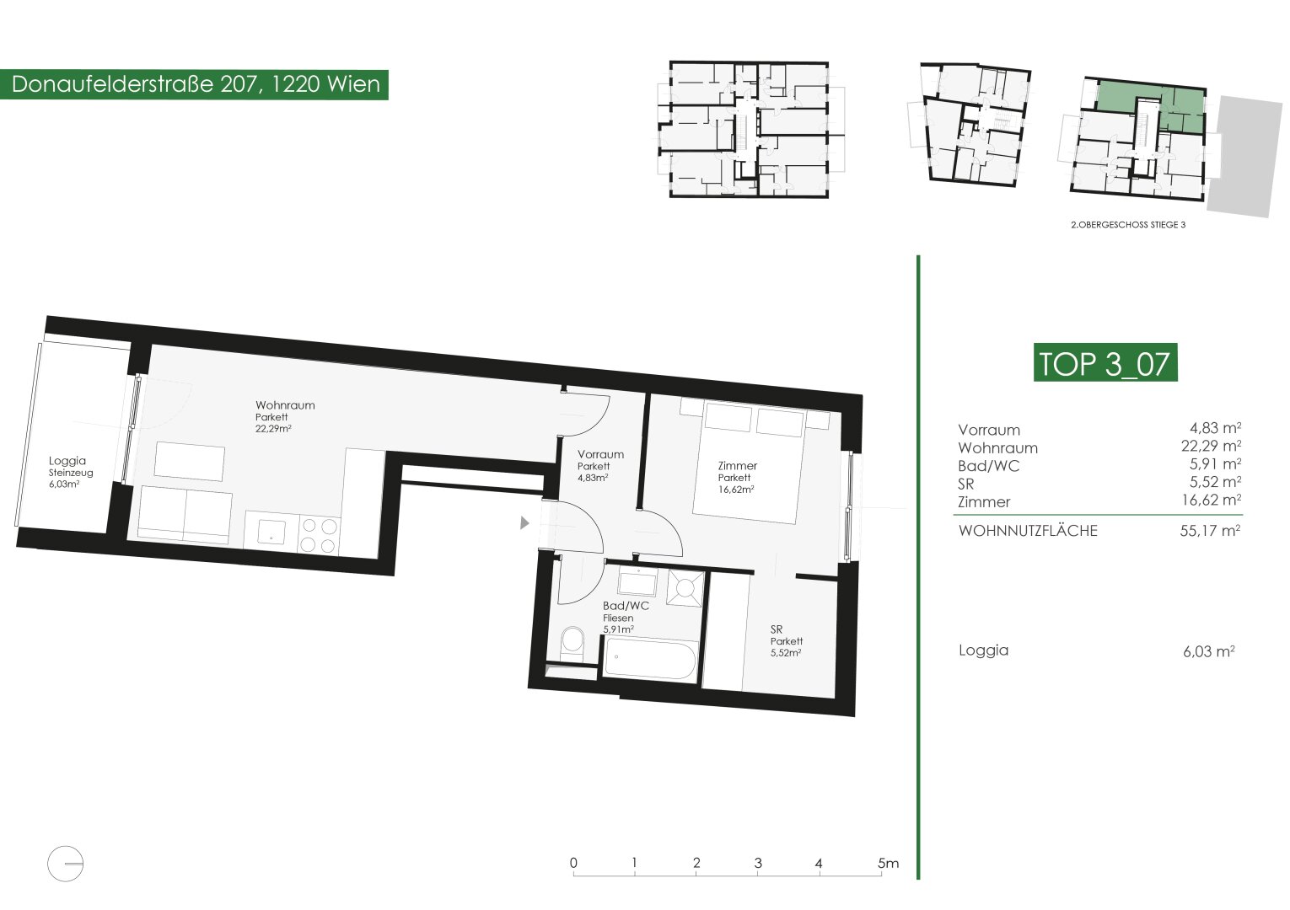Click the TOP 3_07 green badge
(1105, 362)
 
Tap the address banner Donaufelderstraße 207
(194, 84)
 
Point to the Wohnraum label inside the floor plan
(285, 405)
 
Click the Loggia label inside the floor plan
(67, 460)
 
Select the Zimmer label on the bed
(737, 466)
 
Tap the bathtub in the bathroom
(649, 660)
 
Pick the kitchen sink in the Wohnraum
(271, 532)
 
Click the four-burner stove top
(319, 535)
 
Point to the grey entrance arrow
(524, 522)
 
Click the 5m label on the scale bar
(888, 863)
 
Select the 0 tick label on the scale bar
(573, 863)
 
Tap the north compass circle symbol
(66, 864)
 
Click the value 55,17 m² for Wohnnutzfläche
(1210, 530)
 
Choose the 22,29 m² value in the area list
(1211, 446)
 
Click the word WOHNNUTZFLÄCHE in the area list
(1028, 530)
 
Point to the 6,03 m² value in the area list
(1209, 651)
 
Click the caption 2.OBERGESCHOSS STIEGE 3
(1128, 225)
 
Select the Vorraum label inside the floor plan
(600, 455)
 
